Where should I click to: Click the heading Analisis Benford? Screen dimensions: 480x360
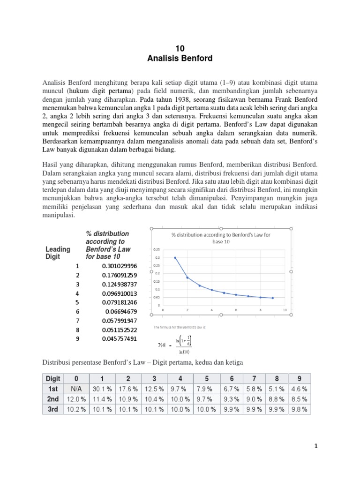tap(180, 59)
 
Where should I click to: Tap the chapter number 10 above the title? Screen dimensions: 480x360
tap(180, 49)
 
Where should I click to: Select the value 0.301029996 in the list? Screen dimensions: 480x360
tap(119, 266)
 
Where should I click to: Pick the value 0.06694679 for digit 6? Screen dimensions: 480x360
tap(122, 311)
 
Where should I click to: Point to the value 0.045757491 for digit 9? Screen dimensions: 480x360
tap(119, 338)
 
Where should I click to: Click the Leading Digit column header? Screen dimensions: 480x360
tap(58, 253)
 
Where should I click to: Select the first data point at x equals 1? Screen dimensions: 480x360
tap(175, 257)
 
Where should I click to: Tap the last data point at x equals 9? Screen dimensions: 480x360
tap(272, 298)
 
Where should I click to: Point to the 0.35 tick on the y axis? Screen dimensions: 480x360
tap(157, 249)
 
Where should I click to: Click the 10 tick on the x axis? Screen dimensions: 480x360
tap(284, 310)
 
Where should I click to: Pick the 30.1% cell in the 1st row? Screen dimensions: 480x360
tap(102, 389)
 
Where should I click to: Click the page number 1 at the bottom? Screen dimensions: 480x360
tap(316, 446)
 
